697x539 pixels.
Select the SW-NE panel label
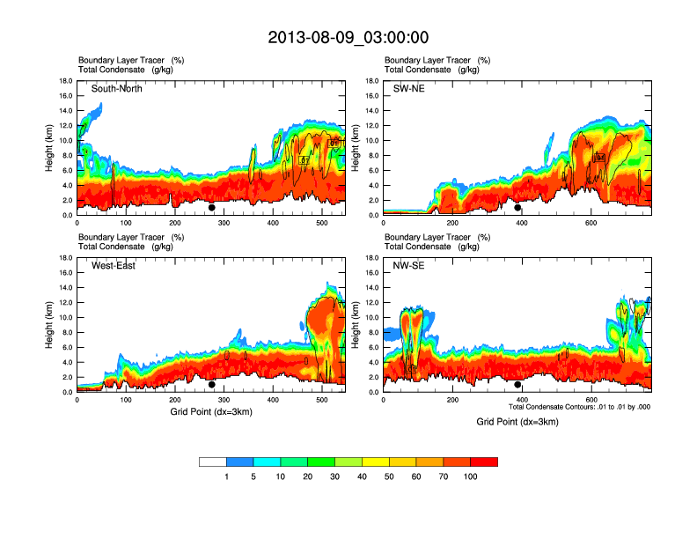point(408,88)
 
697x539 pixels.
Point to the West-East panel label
point(113,266)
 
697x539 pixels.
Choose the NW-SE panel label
point(409,266)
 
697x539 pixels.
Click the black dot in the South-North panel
point(212,208)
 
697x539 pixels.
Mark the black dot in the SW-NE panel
point(518,208)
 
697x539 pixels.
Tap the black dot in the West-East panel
point(212,385)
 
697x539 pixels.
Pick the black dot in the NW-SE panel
point(518,385)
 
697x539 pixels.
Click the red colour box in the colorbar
point(484,461)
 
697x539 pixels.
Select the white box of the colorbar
point(213,461)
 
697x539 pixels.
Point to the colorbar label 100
point(471,476)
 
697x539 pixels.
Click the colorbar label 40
point(362,476)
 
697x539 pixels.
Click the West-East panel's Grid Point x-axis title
point(211,412)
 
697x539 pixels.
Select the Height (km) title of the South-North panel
point(50,148)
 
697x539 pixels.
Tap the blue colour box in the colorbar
point(240,461)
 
